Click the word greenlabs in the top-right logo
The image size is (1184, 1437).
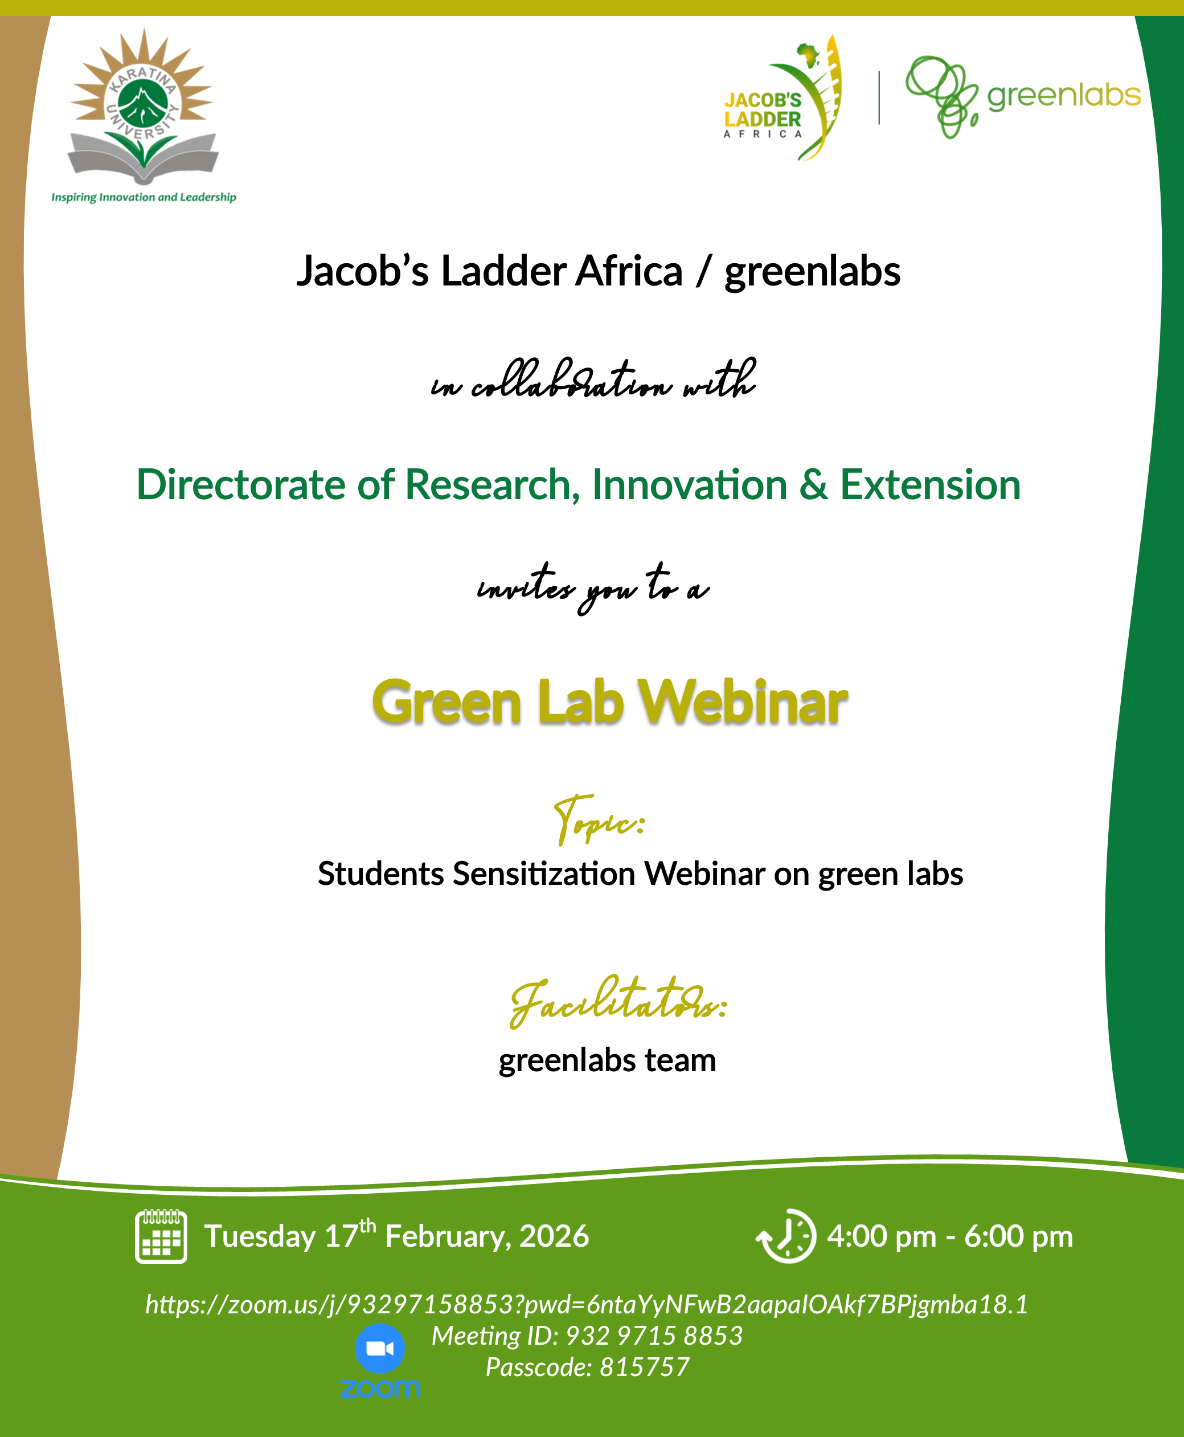(x=1063, y=96)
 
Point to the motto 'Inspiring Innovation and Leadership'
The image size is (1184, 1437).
(x=144, y=197)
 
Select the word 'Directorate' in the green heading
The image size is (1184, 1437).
(x=241, y=484)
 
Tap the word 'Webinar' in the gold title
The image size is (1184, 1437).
(x=742, y=702)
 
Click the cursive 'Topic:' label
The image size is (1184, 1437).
(x=599, y=819)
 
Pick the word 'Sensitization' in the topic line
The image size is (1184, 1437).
(x=544, y=874)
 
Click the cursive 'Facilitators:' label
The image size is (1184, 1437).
(x=618, y=1001)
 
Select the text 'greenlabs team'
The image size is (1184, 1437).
(x=607, y=1060)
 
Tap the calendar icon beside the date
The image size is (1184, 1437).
(x=161, y=1236)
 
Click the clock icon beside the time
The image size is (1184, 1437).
(x=786, y=1236)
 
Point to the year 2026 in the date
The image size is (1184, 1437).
(x=554, y=1236)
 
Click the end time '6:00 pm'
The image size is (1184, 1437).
(x=1018, y=1236)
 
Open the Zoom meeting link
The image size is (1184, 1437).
(x=587, y=1304)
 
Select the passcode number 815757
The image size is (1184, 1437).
(x=645, y=1367)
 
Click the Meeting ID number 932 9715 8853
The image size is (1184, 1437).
(x=654, y=1336)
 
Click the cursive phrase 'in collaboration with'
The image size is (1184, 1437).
(x=593, y=379)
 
